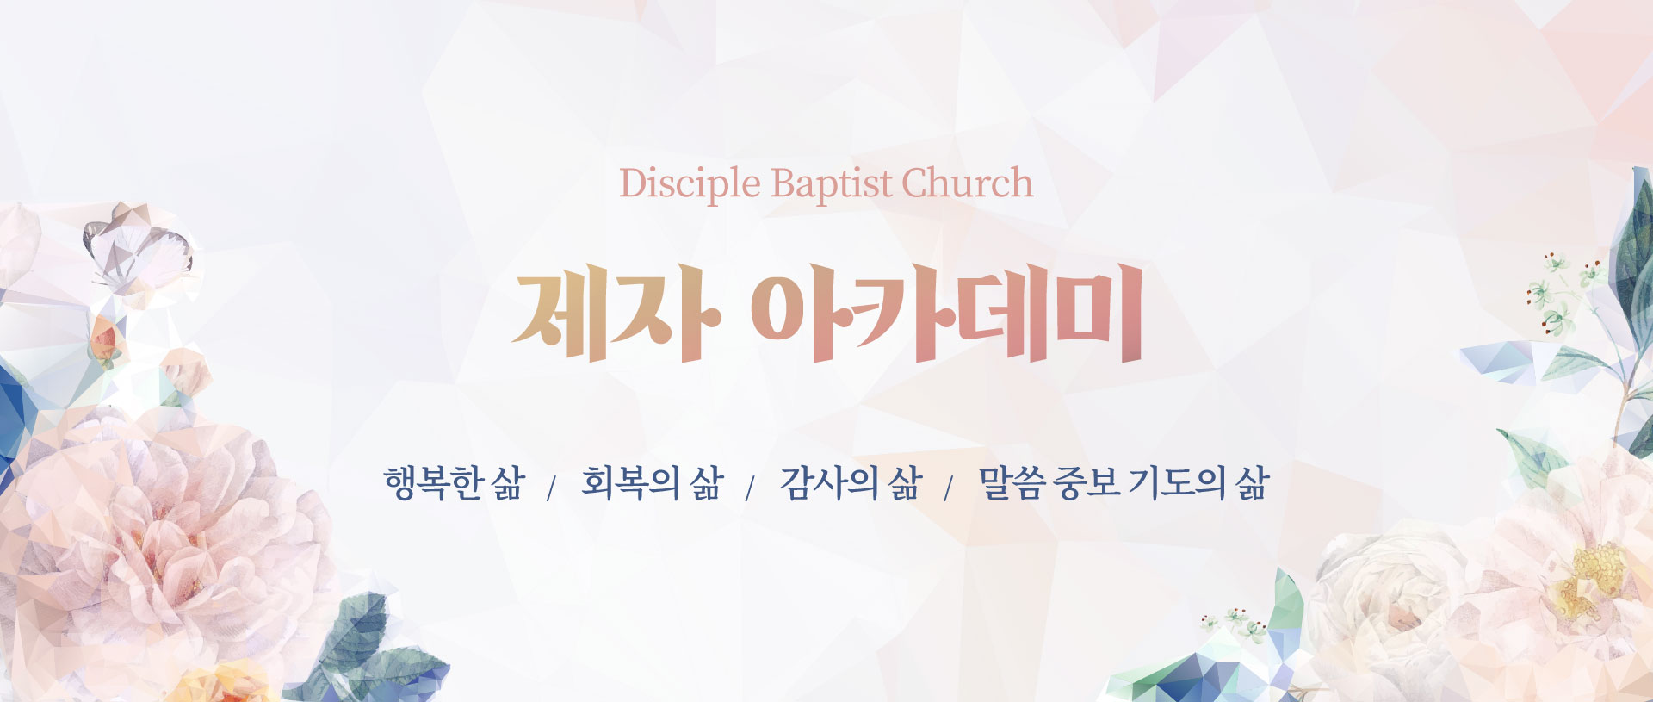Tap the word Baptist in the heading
(832, 183)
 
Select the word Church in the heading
(968, 183)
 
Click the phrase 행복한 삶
(454, 483)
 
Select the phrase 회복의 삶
(652, 483)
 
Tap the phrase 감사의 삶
(851, 483)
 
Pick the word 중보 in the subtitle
(1087, 483)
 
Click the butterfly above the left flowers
(138, 245)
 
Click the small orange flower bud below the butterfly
(106, 340)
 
